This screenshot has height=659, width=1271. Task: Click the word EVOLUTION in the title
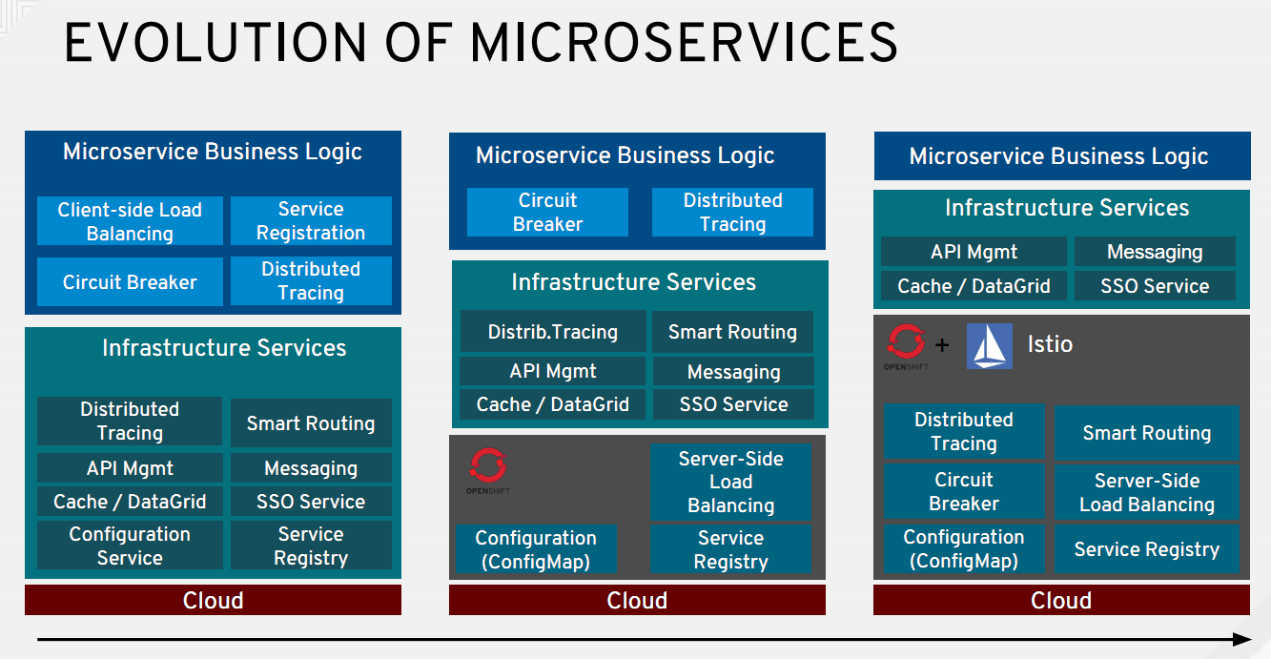click(x=215, y=43)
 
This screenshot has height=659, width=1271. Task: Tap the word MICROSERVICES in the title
click(x=684, y=43)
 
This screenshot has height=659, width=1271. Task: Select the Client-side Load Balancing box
click(x=130, y=221)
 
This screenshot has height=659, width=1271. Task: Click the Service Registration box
click(x=311, y=221)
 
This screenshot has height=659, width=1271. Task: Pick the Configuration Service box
click(x=130, y=546)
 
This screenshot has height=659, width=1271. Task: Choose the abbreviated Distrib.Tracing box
click(x=553, y=332)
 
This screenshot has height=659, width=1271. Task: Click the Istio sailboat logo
click(x=989, y=346)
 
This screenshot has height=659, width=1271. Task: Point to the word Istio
click(x=1050, y=344)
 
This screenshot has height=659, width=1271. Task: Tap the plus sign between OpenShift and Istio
click(x=942, y=344)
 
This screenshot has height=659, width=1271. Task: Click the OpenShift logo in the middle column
click(x=488, y=470)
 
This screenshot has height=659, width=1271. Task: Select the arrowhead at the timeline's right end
click(x=1242, y=639)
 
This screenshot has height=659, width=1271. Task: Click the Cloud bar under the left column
click(x=213, y=600)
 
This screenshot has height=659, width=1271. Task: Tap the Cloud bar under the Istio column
click(x=1061, y=600)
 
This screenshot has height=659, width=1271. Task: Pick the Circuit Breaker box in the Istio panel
click(x=964, y=491)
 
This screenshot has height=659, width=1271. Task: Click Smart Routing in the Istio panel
click(x=1147, y=433)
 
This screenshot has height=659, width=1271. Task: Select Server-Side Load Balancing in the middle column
click(x=730, y=482)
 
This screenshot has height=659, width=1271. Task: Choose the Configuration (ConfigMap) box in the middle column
click(x=536, y=549)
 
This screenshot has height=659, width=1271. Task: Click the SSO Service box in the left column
click(x=311, y=502)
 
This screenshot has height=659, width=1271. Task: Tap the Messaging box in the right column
click(x=1155, y=252)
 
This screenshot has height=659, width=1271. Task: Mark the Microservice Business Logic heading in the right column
click(x=1058, y=156)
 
